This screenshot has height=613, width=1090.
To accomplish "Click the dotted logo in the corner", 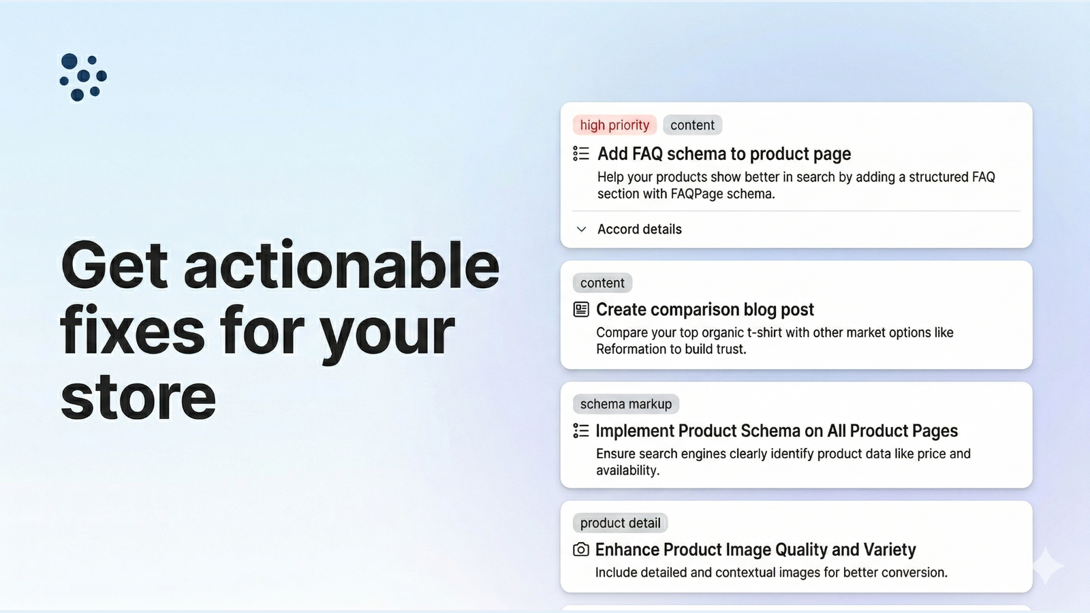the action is coord(83,77).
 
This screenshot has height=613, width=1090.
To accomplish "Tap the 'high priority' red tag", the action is coord(614,125).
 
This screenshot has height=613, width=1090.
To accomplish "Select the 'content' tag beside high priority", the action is coord(692,125).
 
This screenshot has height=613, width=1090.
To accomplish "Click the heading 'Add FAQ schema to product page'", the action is coord(724,154).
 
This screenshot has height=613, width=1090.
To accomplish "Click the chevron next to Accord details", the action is coord(581,229).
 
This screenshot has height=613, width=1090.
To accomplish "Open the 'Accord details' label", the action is coord(640,229).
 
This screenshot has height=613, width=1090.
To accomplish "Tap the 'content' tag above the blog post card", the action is coord(602,283).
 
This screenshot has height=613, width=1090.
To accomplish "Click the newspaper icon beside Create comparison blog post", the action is coord(581,309).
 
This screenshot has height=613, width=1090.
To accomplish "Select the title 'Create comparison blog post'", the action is coord(705,309).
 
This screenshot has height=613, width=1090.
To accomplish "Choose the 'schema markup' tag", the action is coord(626,404).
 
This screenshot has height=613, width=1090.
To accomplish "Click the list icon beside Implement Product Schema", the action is coord(581,430).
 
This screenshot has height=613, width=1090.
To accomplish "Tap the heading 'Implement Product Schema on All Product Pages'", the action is coord(777,430).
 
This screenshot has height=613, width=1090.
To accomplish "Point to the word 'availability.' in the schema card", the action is coord(627,471).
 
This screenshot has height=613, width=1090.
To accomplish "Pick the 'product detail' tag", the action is coord(621,523).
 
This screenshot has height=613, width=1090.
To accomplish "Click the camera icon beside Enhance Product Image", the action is coord(581,550).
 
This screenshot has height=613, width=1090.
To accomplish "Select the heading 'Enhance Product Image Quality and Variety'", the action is coord(756,550).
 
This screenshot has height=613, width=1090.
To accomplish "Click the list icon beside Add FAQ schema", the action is coord(581,154).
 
